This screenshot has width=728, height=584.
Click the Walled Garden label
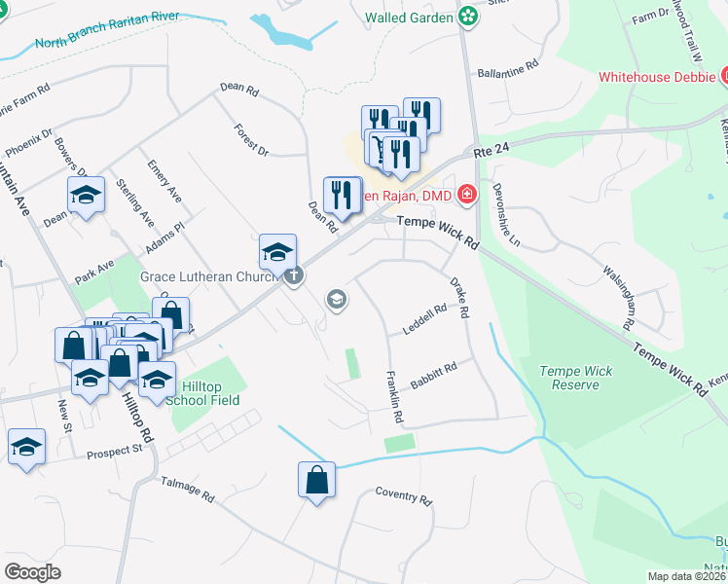[x=410, y=18]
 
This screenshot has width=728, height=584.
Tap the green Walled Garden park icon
[x=469, y=17]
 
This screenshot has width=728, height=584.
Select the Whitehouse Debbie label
[x=657, y=76]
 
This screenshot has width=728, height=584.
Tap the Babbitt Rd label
[x=433, y=377]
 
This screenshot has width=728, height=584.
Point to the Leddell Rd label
[x=424, y=319]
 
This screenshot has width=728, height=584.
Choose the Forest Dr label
[x=251, y=139]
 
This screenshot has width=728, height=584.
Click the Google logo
[x=33, y=571]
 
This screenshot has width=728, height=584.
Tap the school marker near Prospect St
[x=26, y=448]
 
